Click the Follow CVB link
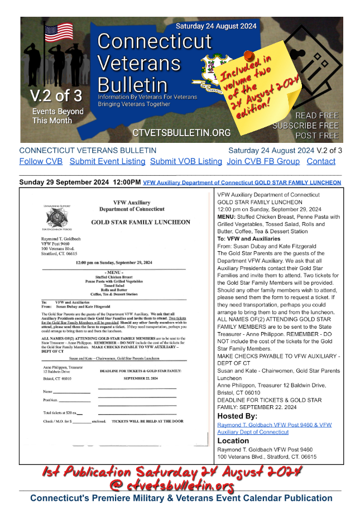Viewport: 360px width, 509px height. click(41, 161)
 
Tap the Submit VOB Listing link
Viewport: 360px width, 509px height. click(186, 161)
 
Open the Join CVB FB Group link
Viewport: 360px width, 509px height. click(263, 161)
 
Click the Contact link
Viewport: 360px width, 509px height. click(321, 161)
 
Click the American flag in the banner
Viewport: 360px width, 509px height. click(59, 32)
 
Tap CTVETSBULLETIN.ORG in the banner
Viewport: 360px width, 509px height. click(181, 132)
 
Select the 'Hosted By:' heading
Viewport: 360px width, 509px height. click(238, 416)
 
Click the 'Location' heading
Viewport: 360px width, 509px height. click(233, 441)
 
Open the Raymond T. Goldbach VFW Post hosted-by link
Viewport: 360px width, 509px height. click(274, 428)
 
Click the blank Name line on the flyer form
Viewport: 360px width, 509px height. click(71, 393)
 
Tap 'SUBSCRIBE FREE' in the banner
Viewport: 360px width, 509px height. click(305, 126)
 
